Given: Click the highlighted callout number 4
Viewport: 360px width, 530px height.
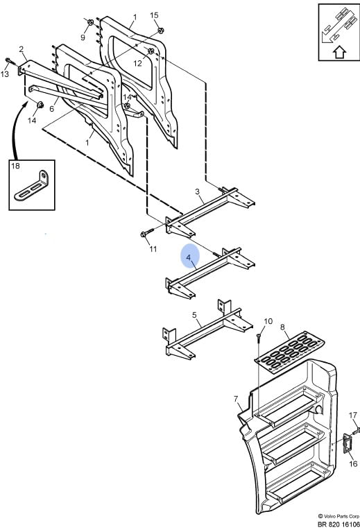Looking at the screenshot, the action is pyautogui.click(x=189, y=257).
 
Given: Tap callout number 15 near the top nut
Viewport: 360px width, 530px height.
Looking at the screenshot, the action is pyautogui.click(x=154, y=15).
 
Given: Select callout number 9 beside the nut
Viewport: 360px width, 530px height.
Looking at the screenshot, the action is pyautogui.click(x=83, y=37).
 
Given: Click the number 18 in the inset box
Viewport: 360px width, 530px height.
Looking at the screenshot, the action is pyautogui.click(x=15, y=166).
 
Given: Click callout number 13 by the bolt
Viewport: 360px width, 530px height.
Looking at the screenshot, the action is pyautogui.click(x=4, y=74).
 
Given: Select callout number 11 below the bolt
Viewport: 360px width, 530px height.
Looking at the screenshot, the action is pyautogui.click(x=153, y=249).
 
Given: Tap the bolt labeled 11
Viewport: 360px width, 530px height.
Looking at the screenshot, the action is pyautogui.click(x=147, y=233).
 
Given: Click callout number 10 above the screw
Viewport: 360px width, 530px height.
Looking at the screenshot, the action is pyautogui.click(x=268, y=321).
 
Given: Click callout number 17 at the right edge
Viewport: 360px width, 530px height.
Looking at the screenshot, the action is pyautogui.click(x=353, y=415).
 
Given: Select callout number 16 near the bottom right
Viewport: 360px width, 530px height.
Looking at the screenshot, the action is pyautogui.click(x=353, y=463).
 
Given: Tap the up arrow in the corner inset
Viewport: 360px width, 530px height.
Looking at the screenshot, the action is pyautogui.click(x=340, y=53).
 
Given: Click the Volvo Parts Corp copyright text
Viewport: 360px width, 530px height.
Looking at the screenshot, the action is pyautogui.click(x=338, y=516).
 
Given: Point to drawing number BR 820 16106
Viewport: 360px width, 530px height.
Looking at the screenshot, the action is pyautogui.click(x=338, y=524).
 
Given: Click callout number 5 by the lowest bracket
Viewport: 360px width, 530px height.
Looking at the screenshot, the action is pyautogui.click(x=194, y=315).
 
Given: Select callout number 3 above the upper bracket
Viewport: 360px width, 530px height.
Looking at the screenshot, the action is pyautogui.click(x=198, y=191).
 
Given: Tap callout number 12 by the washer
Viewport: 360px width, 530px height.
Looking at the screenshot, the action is pyautogui.click(x=137, y=63).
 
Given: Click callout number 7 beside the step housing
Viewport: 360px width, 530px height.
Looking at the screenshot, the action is pyautogui.click(x=236, y=399).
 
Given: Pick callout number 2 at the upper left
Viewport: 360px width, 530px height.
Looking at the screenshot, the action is pyautogui.click(x=22, y=49).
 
